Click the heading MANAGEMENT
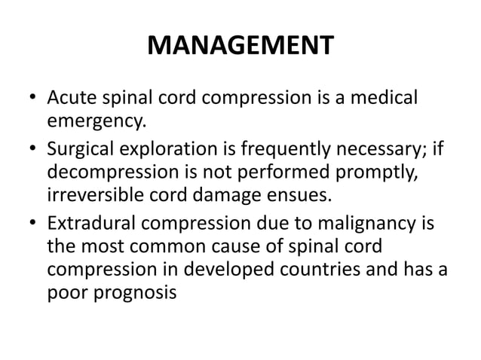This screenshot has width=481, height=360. [240, 47]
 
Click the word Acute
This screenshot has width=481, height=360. [71, 99]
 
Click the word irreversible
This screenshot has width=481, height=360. [96, 197]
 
